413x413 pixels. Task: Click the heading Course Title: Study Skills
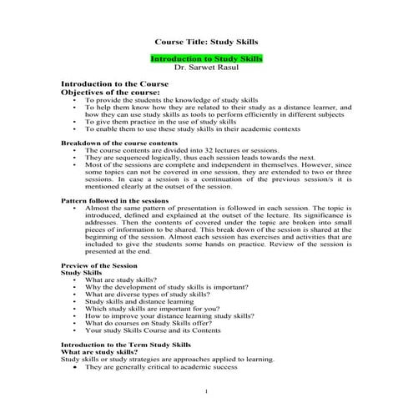[x=206, y=41]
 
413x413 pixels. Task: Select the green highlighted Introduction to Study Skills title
[x=206, y=59]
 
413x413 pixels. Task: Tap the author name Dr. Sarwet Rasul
[x=206, y=68]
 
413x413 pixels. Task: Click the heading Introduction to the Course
[x=115, y=84]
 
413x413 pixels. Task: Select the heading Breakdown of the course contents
[x=118, y=144]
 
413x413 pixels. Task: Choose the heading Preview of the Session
[x=99, y=265]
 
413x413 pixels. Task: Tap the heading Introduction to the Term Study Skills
[x=126, y=345]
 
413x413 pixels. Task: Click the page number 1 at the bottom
[x=206, y=390]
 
